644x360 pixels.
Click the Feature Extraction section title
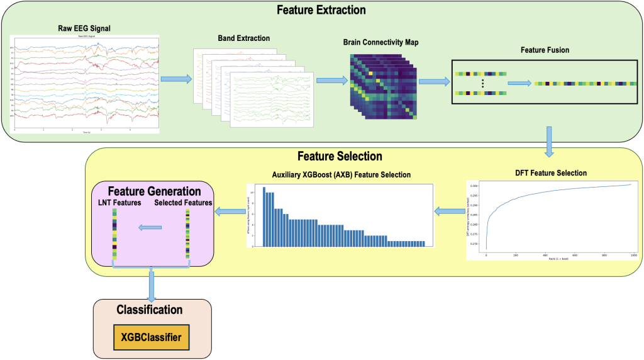(321, 10)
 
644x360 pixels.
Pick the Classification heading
(149, 310)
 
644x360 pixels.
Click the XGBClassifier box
(149, 339)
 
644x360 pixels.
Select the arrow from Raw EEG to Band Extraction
(176, 79)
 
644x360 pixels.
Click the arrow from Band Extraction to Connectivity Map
(331, 81)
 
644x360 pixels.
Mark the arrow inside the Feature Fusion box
(519, 82)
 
